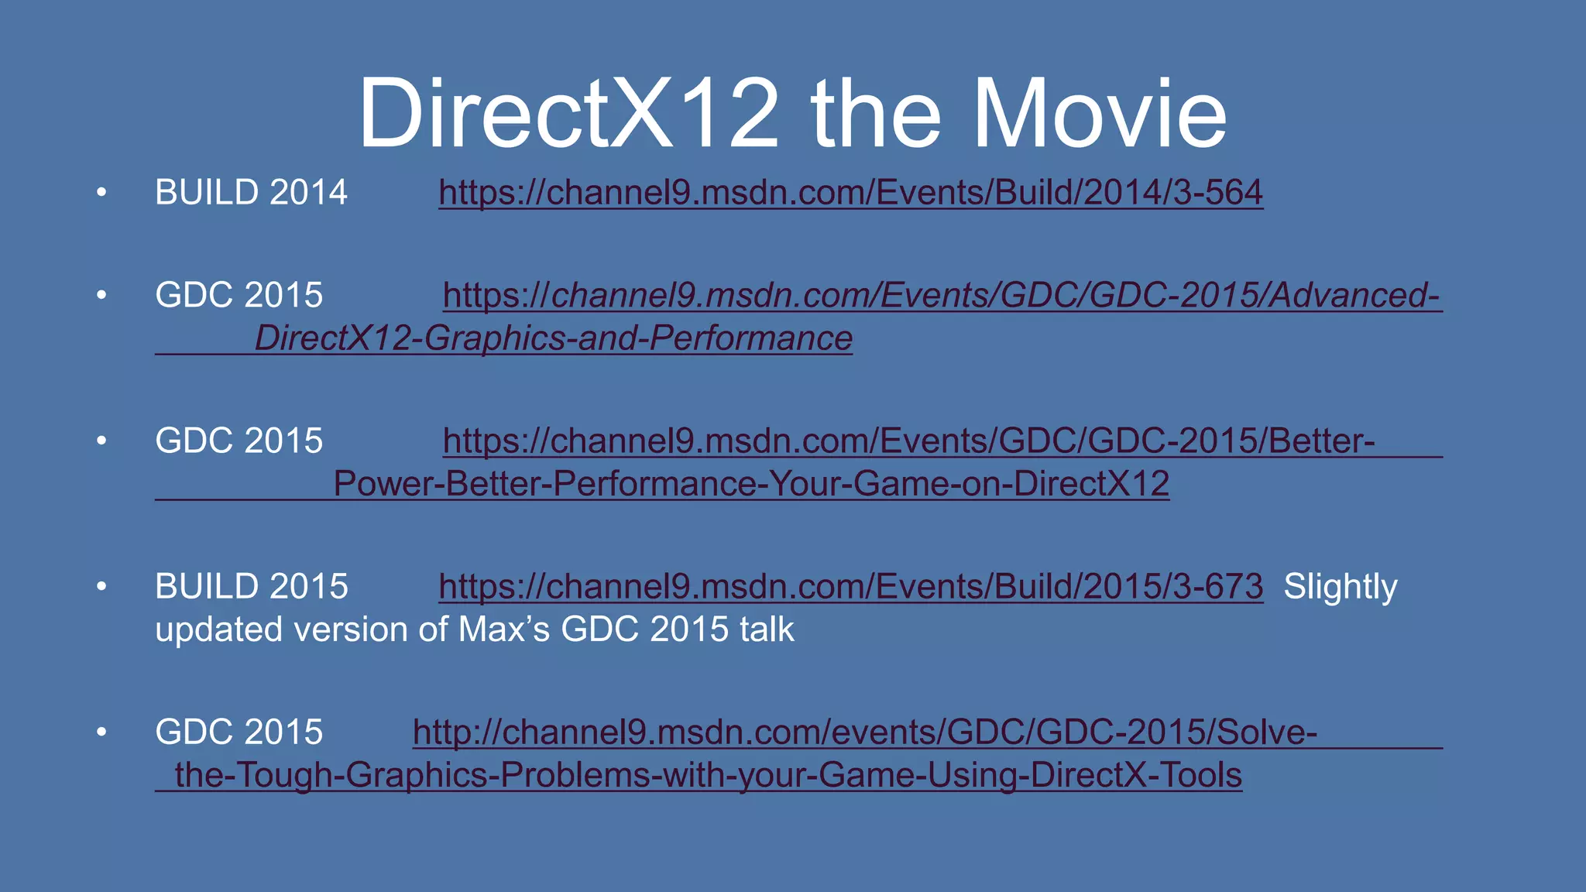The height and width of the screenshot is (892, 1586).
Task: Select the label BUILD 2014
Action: coord(251,192)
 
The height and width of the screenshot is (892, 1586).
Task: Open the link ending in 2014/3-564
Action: coord(850,192)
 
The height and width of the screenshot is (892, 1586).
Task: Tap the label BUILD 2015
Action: coord(251,586)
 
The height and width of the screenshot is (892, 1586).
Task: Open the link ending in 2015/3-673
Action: coord(850,586)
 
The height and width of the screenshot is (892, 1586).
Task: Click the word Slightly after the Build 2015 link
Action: coord(1340,586)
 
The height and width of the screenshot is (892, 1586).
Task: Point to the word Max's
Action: coord(503,629)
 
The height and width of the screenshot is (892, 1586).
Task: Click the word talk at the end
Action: coord(767,629)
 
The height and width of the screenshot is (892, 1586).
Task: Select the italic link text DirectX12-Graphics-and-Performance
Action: coord(553,338)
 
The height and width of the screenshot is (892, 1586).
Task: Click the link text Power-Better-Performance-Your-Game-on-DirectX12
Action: coord(751,484)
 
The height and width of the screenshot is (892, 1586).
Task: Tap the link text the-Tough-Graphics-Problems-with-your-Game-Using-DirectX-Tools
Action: coord(708,775)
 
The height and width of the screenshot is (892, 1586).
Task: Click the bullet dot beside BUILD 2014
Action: coord(101,193)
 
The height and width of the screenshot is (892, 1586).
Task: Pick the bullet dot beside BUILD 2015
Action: coord(101,587)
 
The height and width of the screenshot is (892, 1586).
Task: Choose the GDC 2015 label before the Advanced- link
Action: coord(239,295)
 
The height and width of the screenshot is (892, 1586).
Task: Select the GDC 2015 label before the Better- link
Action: coord(239,441)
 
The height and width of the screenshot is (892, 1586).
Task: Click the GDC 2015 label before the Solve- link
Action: coord(239,732)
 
